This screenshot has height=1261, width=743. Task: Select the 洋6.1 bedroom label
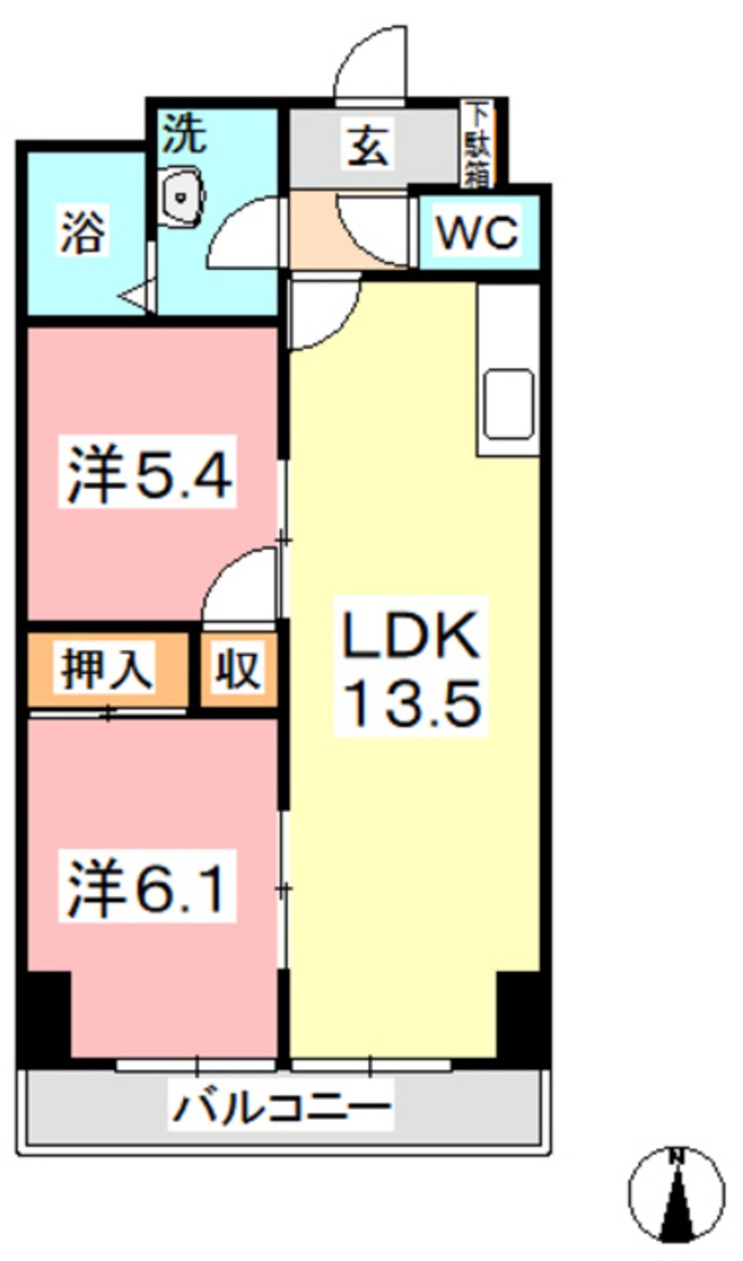[148, 890]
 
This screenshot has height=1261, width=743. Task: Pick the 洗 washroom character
[185, 135]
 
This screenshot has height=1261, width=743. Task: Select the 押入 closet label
[107, 669]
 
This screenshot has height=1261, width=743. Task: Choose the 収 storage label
[238, 670]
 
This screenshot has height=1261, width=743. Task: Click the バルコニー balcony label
[281, 1108]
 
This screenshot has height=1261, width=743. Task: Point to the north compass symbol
[676, 1193]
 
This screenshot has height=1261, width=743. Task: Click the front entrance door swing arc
[369, 66]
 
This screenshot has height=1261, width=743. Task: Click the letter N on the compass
[676, 1157]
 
